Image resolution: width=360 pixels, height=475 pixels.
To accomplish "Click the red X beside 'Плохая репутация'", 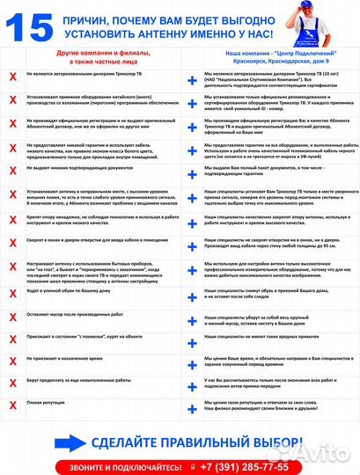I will tap(12, 404).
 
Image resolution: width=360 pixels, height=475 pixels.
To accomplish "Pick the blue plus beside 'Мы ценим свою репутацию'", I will tap(192, 404).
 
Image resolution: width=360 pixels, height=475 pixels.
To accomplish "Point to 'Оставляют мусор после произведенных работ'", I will tap(74, 311).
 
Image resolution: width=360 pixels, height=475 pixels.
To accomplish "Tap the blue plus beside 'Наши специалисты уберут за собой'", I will tap(192, 316).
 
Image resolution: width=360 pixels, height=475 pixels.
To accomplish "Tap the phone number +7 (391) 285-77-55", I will tap(239, 465).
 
